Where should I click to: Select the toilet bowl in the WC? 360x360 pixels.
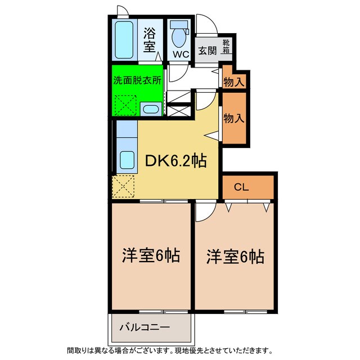179,37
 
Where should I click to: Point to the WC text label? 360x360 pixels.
180,55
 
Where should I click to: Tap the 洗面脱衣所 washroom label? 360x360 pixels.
137,79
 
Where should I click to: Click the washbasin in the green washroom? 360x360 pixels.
150,109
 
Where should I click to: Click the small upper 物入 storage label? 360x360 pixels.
233,82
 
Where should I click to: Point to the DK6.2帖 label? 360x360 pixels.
175,161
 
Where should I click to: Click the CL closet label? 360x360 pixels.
242,187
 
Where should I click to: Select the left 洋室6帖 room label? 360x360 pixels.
151,256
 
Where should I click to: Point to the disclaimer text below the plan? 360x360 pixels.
169,350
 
